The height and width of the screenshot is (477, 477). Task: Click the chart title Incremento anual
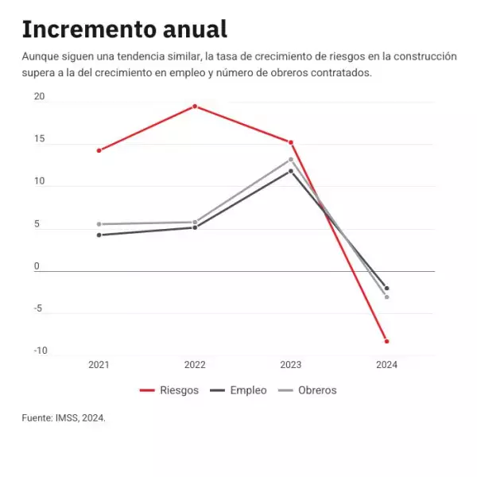point(124,29)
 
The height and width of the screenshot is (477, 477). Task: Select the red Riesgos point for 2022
point(195,106)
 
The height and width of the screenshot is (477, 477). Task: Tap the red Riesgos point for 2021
point(99,150)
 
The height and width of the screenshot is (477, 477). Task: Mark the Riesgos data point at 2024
point(387,341)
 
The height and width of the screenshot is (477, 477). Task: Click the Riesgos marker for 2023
point(291,142)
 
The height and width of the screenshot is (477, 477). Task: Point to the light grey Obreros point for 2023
point(291,159)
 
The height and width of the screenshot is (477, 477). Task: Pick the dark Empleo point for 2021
point(99,235)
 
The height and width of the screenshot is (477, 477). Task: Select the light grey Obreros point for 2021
point(99,224)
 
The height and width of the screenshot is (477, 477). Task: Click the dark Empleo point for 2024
point(387,288)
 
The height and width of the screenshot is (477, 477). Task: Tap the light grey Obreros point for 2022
point(195,222)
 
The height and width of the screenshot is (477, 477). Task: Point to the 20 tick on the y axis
point(39,96)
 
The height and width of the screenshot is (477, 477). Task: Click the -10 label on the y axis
point(40,351)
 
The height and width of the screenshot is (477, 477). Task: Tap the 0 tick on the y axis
point(37,266)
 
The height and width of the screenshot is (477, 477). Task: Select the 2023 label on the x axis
point(291,365)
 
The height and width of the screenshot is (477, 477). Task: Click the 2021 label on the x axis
point(99,365)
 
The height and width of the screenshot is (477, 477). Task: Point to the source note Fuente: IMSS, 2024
point(64,417)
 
